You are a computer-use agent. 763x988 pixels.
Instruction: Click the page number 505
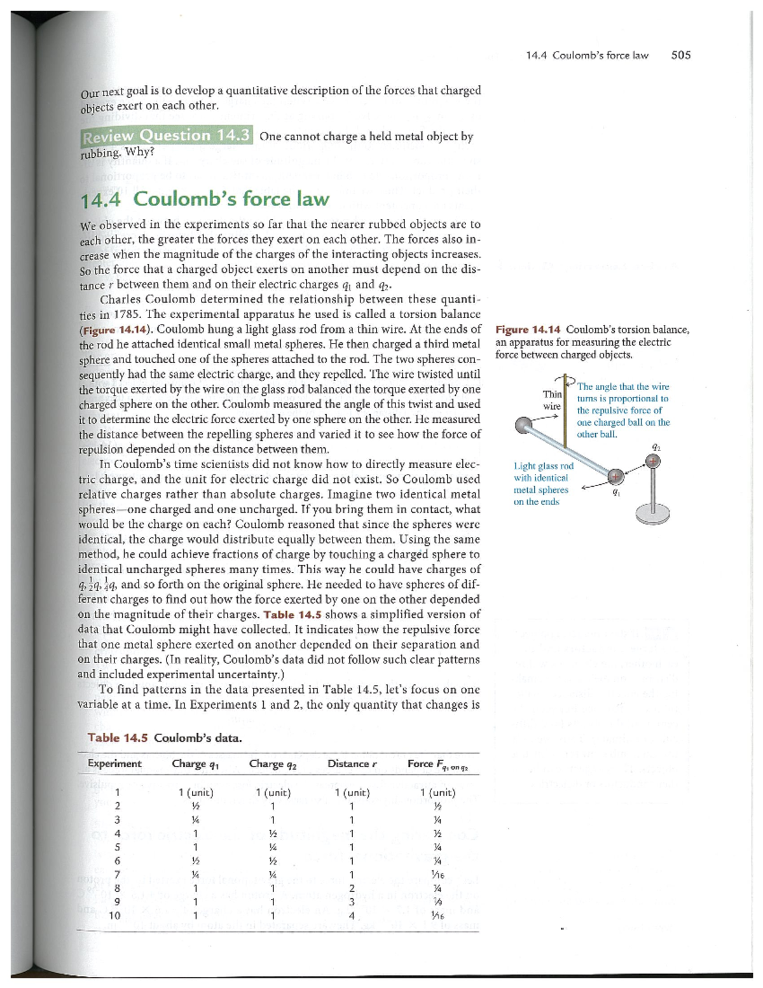[680, 55]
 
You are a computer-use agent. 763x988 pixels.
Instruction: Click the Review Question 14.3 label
[166, 136]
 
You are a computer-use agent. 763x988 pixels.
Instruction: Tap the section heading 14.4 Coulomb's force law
[205, 199]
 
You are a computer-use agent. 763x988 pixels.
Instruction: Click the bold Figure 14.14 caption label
[528, 330]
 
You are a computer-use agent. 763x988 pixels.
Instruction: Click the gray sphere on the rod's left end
[525, 426]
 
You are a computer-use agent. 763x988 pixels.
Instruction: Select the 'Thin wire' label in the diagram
[551, 400]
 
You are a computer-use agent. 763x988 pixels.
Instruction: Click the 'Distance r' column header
[352, 764]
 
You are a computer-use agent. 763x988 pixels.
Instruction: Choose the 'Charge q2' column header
[273, 764]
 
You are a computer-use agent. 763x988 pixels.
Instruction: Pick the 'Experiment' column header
[114, 764]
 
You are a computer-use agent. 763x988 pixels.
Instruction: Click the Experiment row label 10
[114, 915]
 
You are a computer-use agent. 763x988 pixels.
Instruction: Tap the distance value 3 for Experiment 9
[352, 902]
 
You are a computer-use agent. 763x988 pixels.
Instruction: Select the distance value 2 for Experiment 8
[352, 888]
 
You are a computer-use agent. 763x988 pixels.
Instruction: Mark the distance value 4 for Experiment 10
[352, 916]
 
